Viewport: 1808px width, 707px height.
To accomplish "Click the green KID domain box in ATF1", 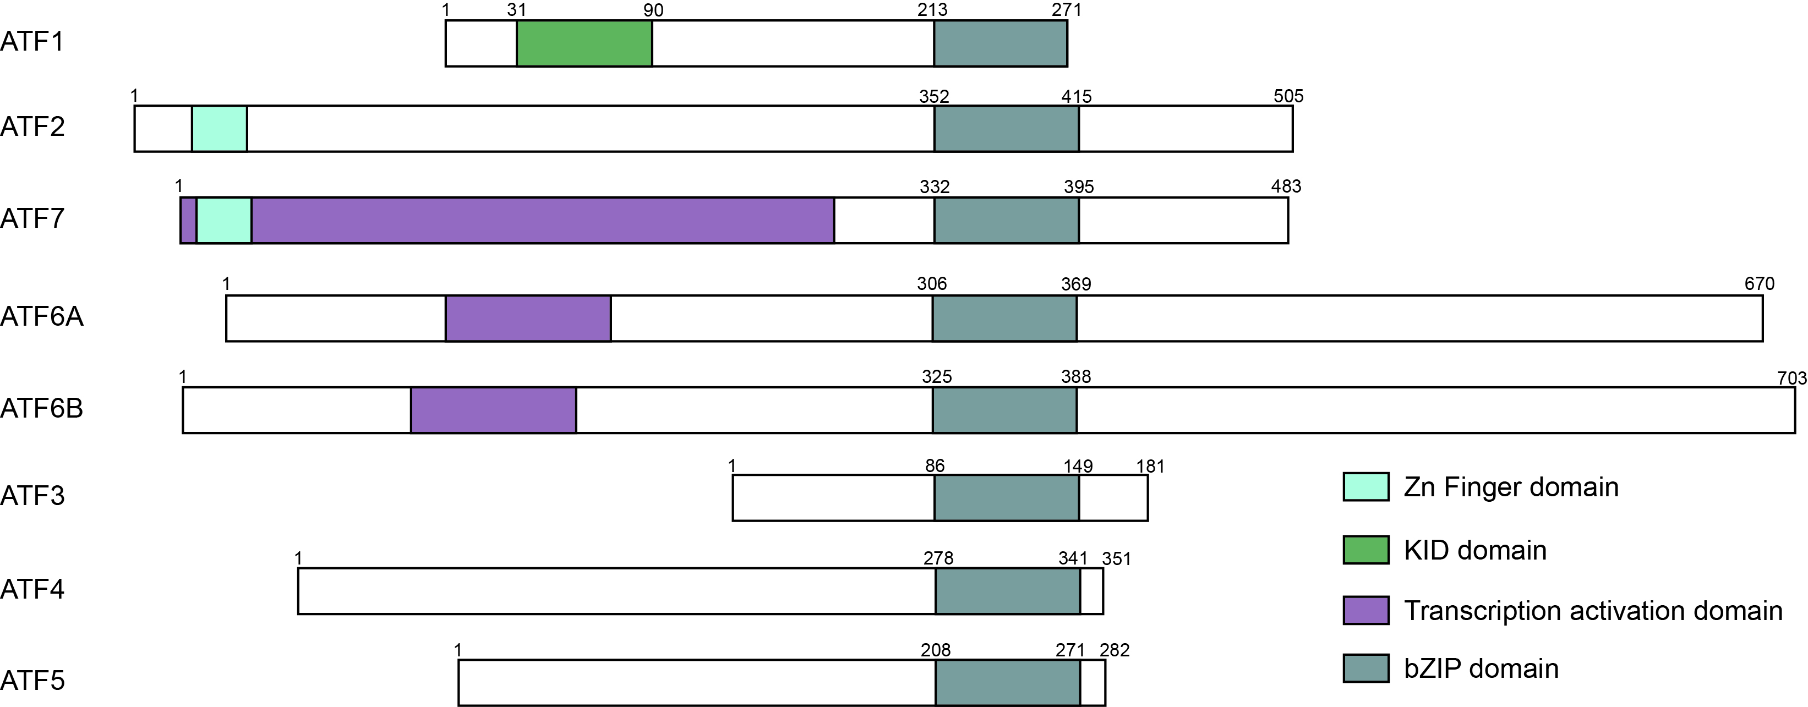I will click(x=584, y=43).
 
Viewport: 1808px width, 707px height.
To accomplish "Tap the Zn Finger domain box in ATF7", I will click(x=224, y=220).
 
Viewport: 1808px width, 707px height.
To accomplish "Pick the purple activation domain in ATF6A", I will click(x=528, y=319).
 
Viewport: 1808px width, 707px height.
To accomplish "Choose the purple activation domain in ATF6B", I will click(x=493, y=409).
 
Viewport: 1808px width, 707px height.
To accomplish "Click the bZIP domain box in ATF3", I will click(x=1007, y=498).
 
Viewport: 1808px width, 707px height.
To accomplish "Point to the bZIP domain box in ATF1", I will click(x=1000, y=43).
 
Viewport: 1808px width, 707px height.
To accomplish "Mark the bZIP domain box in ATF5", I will click(x=1008, y=682).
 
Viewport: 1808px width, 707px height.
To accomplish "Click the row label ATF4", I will click(x=32, y=589).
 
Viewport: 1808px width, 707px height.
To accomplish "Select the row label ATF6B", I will click(x=41, y=408).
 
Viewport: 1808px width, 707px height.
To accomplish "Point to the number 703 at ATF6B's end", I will click(x=1791, y=378).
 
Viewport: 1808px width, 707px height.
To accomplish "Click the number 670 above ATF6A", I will click(x=1759, y=284).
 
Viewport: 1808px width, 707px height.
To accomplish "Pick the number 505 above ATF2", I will click(x=1288, y=96).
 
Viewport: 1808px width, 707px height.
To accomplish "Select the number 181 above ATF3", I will click(x=1150, y=467).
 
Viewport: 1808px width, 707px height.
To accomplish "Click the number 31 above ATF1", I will click(x=517, y=10).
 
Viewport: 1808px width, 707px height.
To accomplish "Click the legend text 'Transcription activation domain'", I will click(x=1593, y=611).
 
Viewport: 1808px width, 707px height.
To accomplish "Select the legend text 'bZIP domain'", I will click(x=1481, y=668).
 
